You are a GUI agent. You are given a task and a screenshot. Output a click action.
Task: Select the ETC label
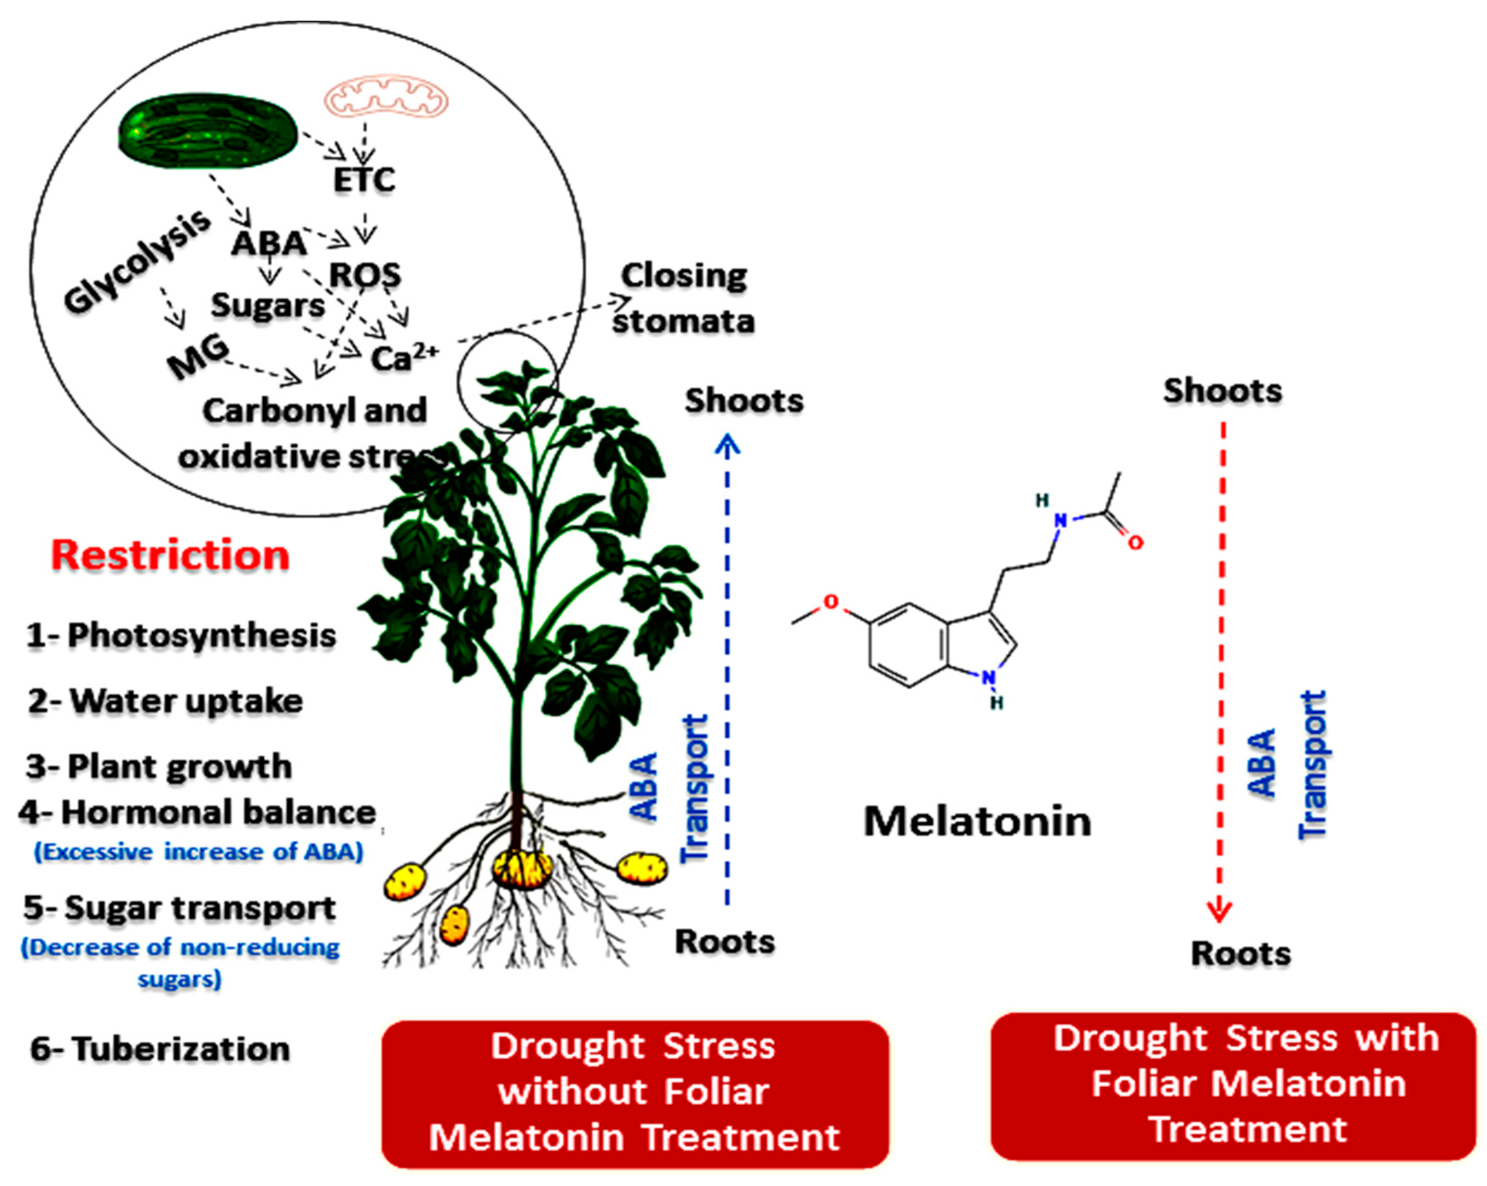(364, 181)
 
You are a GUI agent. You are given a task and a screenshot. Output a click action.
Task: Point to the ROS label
(365, 275)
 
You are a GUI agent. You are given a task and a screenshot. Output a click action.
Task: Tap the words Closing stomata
(683, 299)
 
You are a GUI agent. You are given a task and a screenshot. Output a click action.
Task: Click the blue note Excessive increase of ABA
(199, 851)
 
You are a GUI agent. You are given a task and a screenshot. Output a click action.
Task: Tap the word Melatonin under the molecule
(977, 821)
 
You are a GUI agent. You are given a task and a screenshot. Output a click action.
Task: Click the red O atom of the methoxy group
(831, 602)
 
